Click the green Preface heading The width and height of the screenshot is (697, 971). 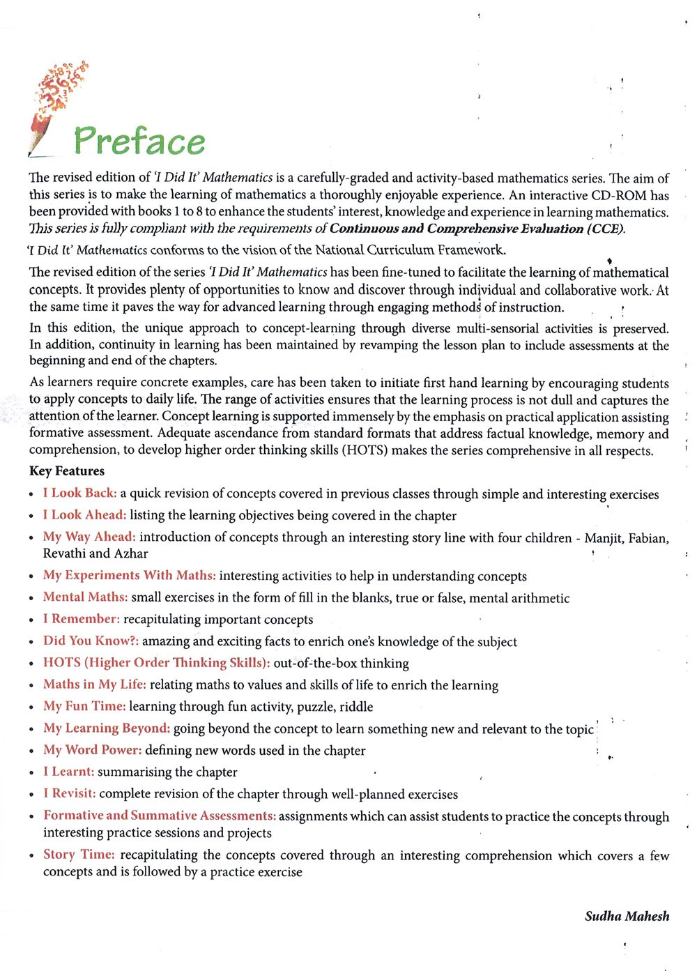(139, 141)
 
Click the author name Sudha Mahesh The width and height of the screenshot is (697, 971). (627, 916)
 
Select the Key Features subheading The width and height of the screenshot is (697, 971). (67, 471)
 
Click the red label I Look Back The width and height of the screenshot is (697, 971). (79, 494)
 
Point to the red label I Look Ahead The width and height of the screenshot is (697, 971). (84, 515)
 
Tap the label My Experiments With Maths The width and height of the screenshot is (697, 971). (129, 575)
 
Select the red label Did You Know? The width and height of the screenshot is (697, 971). (91, 641)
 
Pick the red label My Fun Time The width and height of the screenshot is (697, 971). (84, 706)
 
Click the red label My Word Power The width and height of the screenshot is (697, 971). (93, 750)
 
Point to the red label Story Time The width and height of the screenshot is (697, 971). (79, 855)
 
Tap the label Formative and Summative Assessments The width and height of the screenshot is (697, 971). (160, 816)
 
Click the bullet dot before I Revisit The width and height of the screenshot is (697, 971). (32, 795)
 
